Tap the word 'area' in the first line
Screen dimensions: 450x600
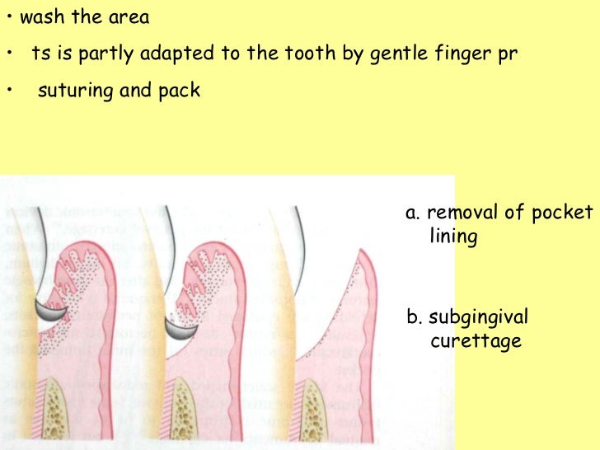(128, 17)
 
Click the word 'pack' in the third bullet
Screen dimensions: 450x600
(178, 91)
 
